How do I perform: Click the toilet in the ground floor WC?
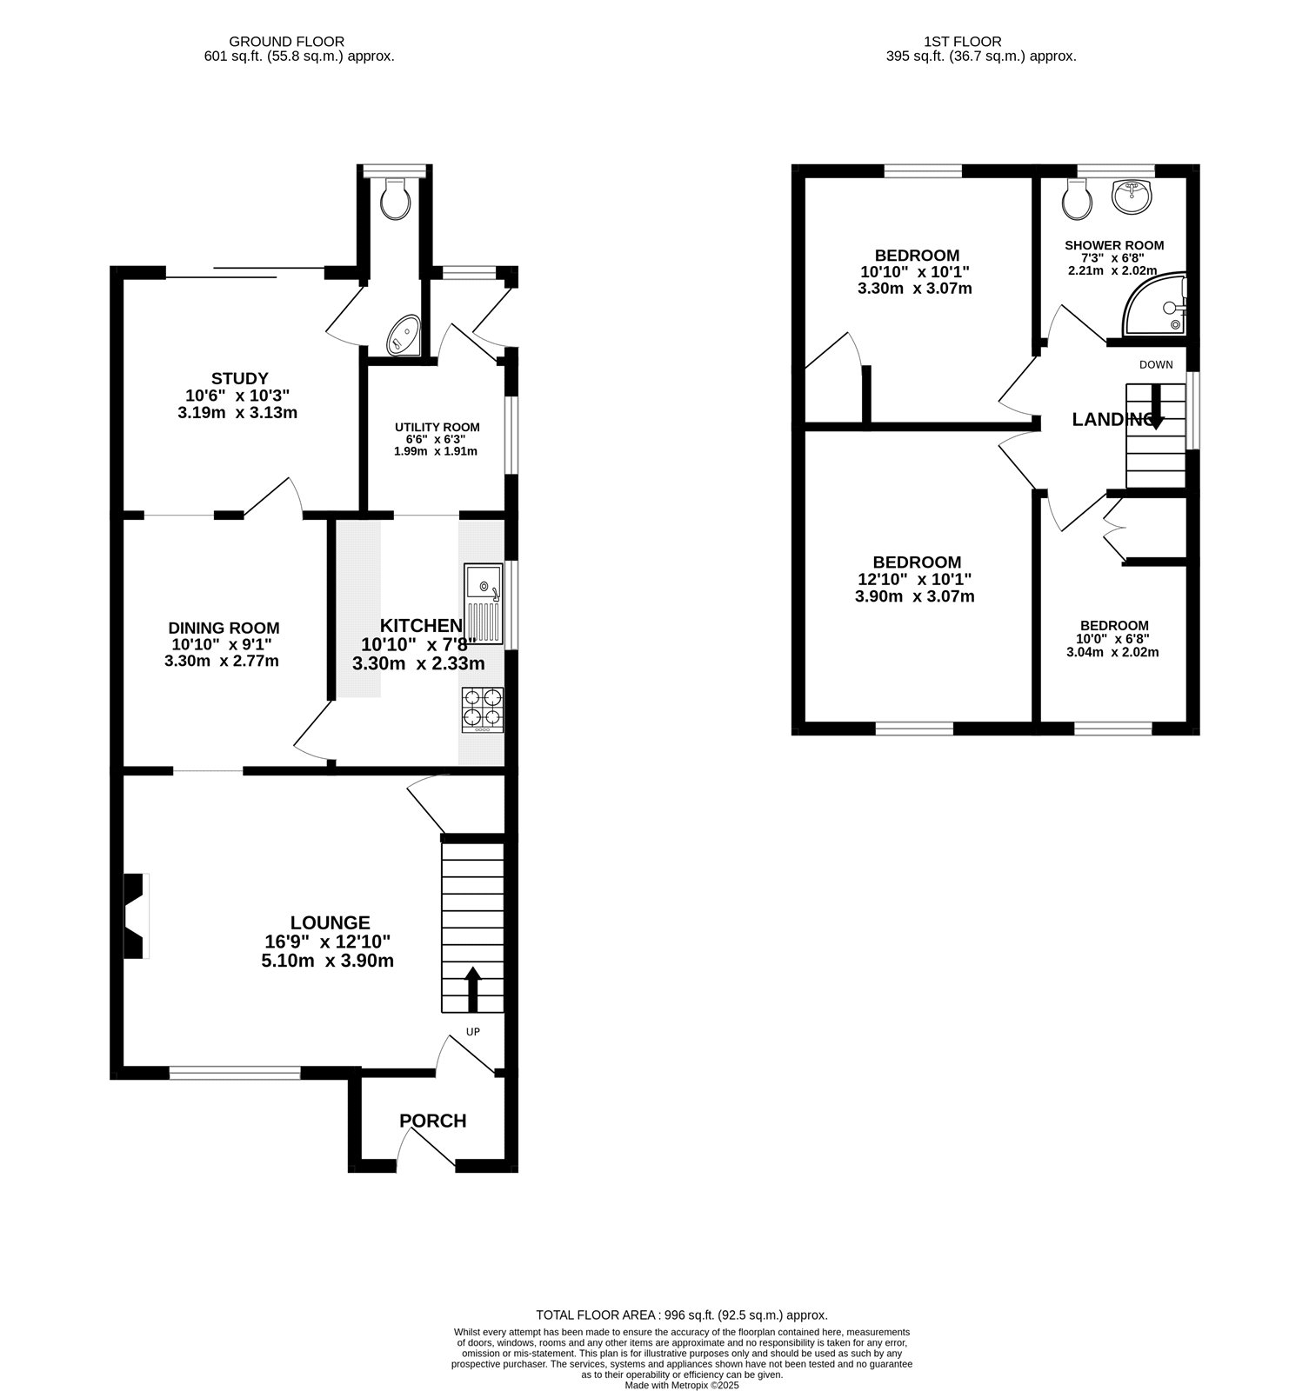(x=397, y=198)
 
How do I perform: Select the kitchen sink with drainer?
(x=484, y=603)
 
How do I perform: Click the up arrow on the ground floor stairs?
(x=473, y=988)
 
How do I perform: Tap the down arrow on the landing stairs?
(x=1156, y=407)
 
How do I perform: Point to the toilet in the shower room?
(x=1078, y=200)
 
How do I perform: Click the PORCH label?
(x=432, y=1121)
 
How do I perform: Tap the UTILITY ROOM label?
(x=437, y=427)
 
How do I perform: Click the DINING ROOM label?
(x=224, y=628)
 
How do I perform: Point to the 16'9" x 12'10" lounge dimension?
(x=327, y=942)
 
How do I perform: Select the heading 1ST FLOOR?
(x=962, y=41)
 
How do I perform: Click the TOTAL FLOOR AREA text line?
(x=681, y=1315)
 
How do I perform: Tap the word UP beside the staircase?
(x=473, y=1032)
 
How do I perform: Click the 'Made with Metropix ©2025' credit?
(x=681, y=1385)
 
